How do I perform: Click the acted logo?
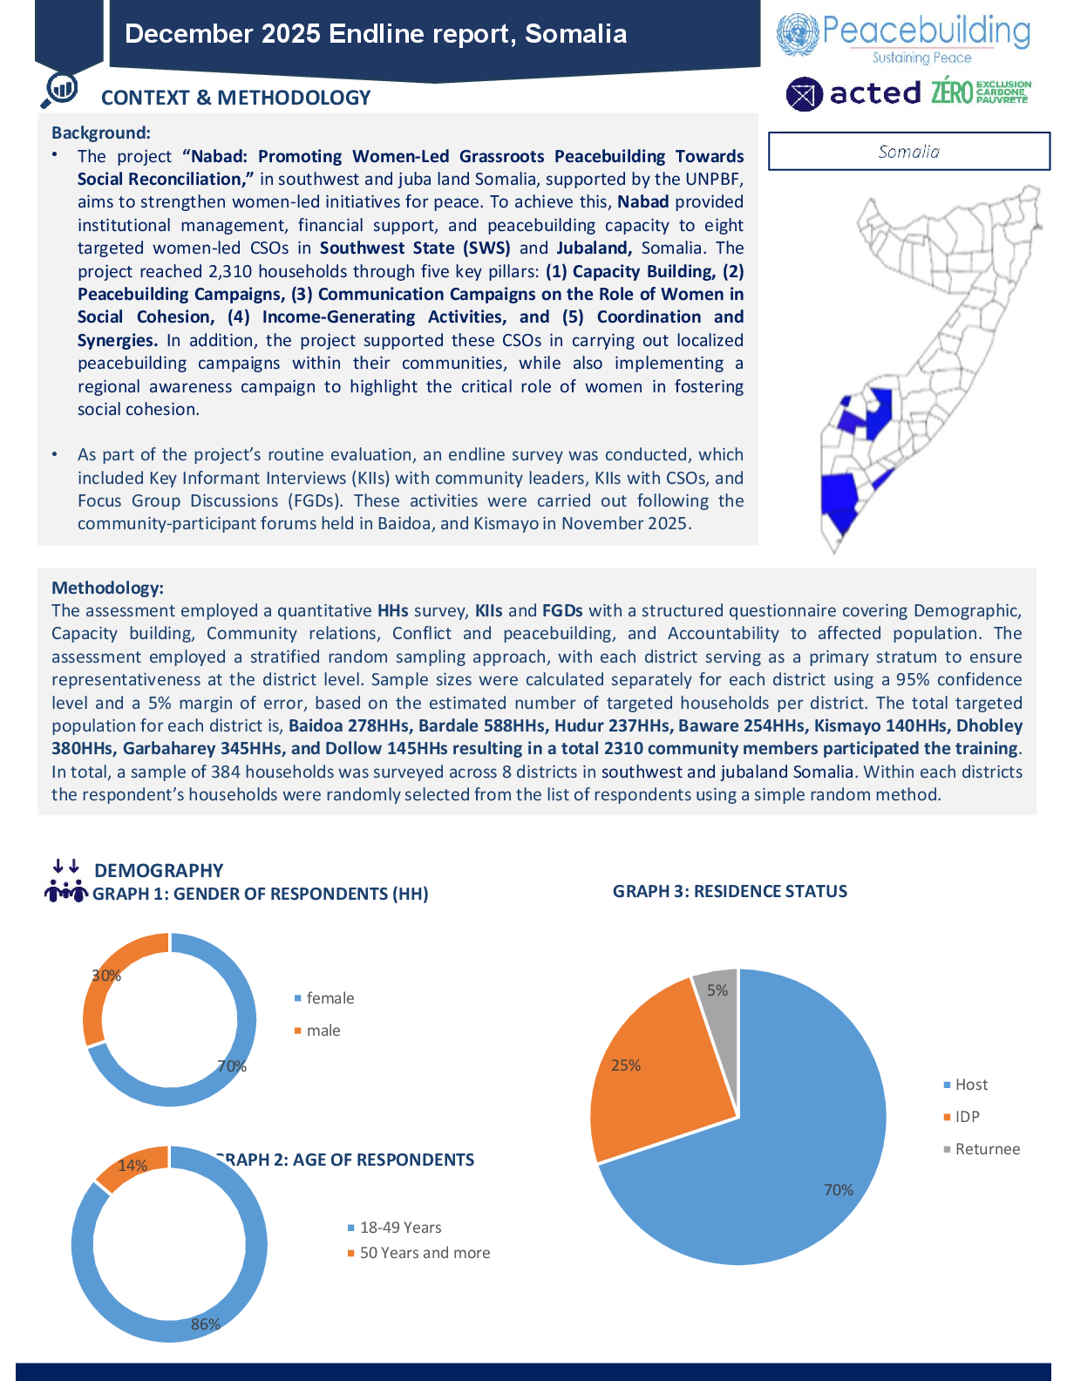[853, 93]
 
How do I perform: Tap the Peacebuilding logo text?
[925, 32]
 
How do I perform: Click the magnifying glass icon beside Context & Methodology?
[60, 89]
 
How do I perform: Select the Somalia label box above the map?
[908, 152]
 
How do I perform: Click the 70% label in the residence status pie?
[838, 1190]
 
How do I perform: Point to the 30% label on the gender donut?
[106, 976]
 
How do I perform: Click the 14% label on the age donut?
[133, 1166]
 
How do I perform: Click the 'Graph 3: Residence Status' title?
[730, 891]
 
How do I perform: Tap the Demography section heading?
[159, 870]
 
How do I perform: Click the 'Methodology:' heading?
[107, 588]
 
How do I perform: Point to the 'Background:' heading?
[101, 133]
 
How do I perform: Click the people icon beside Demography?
[66, 882]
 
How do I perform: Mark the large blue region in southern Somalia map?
[839, 499]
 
